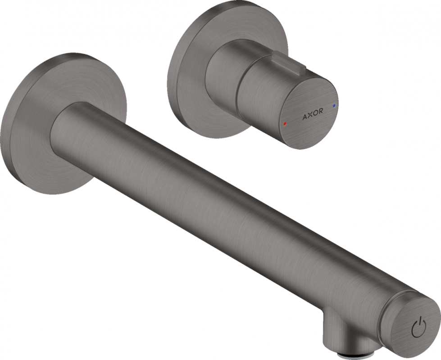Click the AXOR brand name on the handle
pos(312,116)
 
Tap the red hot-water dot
pos(283,122)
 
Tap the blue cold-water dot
pos(334,105)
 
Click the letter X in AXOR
pos(309,116)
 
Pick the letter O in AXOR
pos(315,115)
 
